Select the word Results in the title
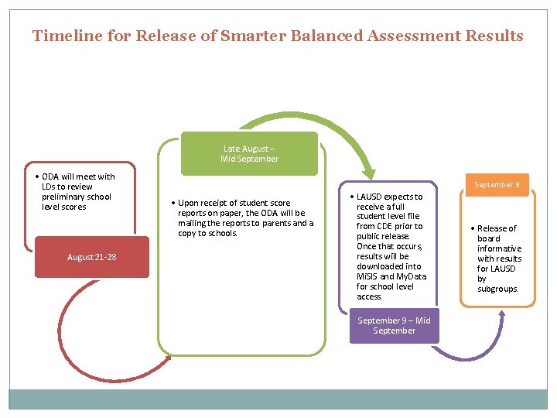pyautogui.click(x=494, y=36)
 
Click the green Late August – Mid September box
pyautogui.click(x=249, y=153)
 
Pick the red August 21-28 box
pyautogui.click(x=91, y=257)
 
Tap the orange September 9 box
pyautogui.click(x=497, y=185)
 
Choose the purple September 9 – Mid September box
pyautogui.click(x=394, y=325)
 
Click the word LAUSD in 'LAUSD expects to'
pyautogui.click(x=371, y=197)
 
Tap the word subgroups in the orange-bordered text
pyautogui.click(x=497, y=289)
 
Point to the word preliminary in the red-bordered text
pyautogui.click(x=64, y=197)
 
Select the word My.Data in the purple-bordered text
pyautogui.click(x=410, y=276)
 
